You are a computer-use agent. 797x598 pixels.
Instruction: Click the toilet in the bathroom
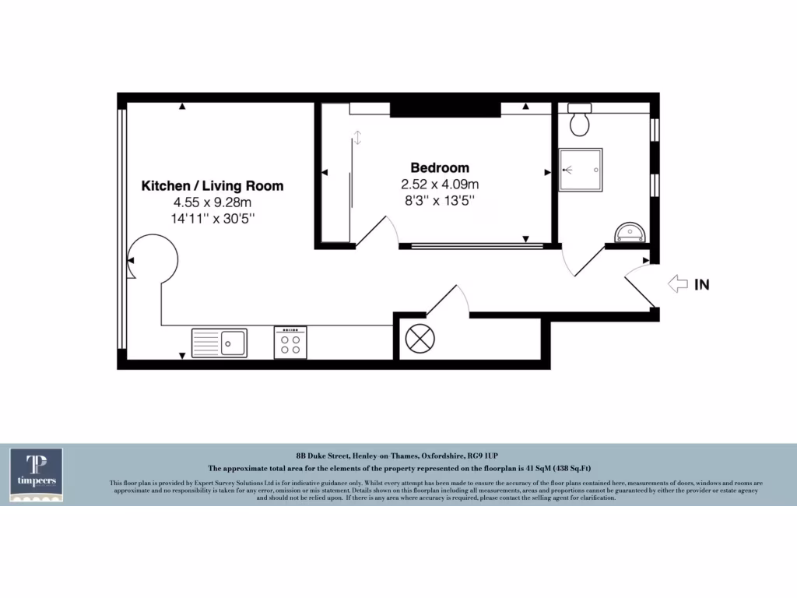[579, 118]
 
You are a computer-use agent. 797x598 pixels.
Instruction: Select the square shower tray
[581, 170]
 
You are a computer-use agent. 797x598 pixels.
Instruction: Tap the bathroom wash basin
[629, 232]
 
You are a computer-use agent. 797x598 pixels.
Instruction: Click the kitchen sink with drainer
[219, 343]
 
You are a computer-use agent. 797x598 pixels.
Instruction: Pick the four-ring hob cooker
[290, 343]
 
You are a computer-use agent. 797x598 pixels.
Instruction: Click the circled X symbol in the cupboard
[421, 339]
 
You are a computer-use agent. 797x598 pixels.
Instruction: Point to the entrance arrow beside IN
[677, 285]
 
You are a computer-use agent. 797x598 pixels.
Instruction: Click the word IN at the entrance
[702, 285]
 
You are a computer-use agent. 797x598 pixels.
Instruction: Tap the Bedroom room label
[440, 167]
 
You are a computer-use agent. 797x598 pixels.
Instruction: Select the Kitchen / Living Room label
[212, 186]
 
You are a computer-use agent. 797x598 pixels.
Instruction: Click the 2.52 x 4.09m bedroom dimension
[440, 185]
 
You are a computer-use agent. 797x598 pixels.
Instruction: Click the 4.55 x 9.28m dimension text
[212, 202]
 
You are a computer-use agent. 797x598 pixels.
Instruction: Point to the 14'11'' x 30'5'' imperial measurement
[212, 219]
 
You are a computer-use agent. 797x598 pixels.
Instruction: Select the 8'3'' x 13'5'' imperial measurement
[440, 200]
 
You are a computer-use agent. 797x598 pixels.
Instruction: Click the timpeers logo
[37, 474]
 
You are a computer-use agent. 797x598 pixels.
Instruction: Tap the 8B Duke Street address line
[398, 455]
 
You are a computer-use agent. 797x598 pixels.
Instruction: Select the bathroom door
[588, 261]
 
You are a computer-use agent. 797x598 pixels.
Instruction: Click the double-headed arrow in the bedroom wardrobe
[357, 138]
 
